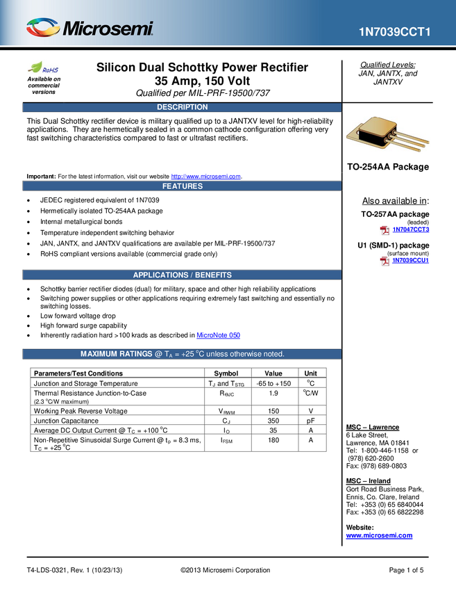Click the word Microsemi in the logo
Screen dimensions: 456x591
108,29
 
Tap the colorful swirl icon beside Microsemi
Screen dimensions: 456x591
43,28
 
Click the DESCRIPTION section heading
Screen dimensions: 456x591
182,107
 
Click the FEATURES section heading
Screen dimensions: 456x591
182,186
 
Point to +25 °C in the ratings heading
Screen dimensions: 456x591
198,355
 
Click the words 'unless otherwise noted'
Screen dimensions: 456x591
252,355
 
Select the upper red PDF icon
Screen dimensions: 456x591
385,231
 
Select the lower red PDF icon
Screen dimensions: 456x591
385,261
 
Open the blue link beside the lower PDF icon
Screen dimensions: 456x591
411,261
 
